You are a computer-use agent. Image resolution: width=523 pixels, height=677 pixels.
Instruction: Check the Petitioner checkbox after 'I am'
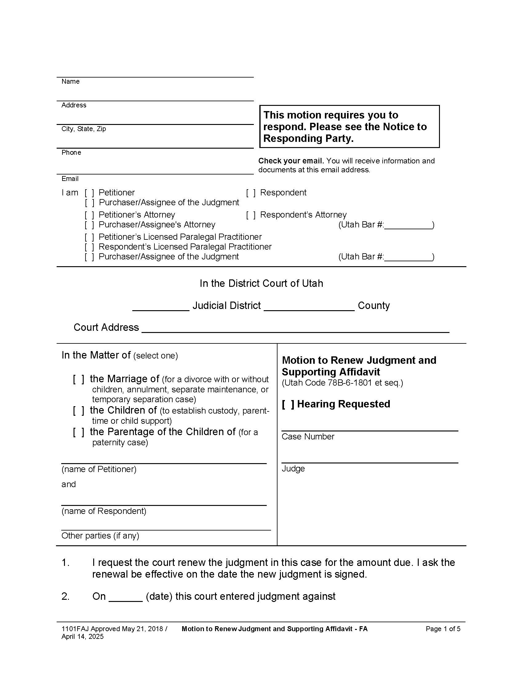pyautogui.click(x=89, y=193)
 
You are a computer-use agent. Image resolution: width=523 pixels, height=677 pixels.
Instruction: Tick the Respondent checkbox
pyautogui.click(x=251, y=193)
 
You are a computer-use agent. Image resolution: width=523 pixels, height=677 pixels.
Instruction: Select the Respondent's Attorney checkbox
pyautogui.click(x=251, y=215)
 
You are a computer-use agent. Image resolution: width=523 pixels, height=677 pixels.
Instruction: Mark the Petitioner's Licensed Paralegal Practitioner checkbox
pyautogui.click(x=89, y=237)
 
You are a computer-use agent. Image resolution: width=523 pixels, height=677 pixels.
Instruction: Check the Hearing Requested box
pyautogui.click(x=288, y=404)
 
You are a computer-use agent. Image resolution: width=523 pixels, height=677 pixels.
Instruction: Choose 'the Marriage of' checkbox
pyautogui.click(x=78, y=379)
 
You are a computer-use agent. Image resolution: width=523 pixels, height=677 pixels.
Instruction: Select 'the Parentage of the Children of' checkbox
pyautogui.click(x=78, y=432)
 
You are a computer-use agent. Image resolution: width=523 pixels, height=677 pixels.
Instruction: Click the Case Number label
pyautogui.click(x=308, y=437)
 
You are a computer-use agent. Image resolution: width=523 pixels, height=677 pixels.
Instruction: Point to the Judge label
pyautogui.click(x=293, y=469)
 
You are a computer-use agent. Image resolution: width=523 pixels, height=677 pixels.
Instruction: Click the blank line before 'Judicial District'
pyautogui.click(x=161, y=307)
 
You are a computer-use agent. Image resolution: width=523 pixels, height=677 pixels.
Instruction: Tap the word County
pyautogui.click(x=373, y=306)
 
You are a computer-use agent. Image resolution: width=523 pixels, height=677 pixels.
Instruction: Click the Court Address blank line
pyautogui.click(x=295, y=329)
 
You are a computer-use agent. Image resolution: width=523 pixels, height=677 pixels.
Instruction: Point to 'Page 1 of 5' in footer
pyautogui.click(x=443, y=629)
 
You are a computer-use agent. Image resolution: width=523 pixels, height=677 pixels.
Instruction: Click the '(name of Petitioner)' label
pyautogui.click(x=99, y=469)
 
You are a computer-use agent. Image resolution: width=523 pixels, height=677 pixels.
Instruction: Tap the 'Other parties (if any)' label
pyautogui.click(x=100, y=536)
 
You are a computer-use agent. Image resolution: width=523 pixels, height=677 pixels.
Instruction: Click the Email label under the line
pyautogui.click(x=70, y=179)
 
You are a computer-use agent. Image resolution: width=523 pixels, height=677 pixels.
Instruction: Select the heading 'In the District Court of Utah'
pyautogui.click(x=261, y=283)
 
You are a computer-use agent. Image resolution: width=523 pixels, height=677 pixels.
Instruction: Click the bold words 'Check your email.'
pyautogui.click(x=291, y=161)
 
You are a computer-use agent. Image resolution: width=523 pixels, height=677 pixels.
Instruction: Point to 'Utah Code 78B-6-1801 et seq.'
pyautogui.click(x=342, y=383)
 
